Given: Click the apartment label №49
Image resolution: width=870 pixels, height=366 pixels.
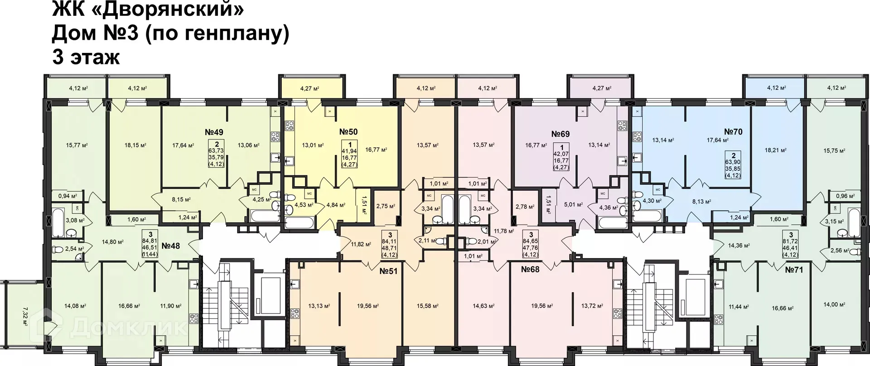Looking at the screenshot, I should (214, 132).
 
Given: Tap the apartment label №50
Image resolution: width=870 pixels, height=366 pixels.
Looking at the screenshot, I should (348, 132).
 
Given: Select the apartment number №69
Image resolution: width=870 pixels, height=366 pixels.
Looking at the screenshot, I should (560, 134).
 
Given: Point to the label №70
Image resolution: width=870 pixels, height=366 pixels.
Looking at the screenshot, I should (733, 132).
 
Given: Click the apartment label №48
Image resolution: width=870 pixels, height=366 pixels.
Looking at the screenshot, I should (171, 246).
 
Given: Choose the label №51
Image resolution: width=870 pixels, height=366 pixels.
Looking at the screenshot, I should (388, 271).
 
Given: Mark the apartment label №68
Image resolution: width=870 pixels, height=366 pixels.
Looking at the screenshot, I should (530, 270).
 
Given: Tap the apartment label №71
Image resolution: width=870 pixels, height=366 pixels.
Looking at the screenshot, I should (794, 270).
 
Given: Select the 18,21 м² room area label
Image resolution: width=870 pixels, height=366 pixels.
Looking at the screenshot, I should (775, 150).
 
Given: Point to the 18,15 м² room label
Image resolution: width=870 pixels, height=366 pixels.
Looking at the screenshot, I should (135, 145).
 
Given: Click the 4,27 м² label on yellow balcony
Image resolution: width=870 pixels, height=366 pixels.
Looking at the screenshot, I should (309, 89).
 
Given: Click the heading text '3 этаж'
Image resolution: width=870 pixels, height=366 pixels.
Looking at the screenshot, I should (86, 58).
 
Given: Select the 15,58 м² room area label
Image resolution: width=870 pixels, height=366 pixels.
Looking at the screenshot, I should (427, 306).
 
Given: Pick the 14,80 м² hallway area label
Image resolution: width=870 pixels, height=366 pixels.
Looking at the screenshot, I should (112, 242).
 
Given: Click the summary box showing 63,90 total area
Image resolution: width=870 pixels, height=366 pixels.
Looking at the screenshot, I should (733, 164).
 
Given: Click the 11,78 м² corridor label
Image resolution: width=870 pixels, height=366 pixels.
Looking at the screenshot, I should (504, 231).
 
